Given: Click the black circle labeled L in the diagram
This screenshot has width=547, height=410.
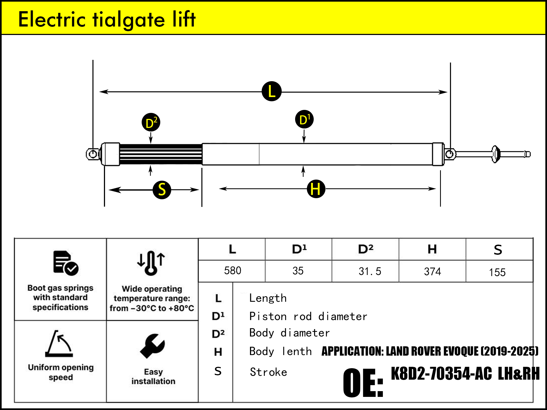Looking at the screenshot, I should [271, 91].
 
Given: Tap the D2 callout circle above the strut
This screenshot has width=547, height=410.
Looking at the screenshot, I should [151, 122].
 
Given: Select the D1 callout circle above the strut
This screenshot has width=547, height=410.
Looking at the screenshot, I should [304, 119].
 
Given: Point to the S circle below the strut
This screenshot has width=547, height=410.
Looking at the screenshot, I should [162, 190].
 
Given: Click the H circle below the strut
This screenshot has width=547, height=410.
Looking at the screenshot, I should [316, 189].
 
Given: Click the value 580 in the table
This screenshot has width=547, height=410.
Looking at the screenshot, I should [232, 271].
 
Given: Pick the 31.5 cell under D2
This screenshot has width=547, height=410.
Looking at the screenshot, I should [370, 271].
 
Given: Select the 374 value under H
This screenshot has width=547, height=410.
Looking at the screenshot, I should [432, 272].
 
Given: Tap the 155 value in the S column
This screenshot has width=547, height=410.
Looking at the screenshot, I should [497, 272].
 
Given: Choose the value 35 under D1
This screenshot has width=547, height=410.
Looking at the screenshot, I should [298, 271].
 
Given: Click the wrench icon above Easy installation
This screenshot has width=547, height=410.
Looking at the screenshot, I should [152, 346].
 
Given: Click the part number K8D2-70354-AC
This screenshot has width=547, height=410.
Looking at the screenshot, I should [441, 374].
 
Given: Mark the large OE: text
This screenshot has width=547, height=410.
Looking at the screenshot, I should [363, 383].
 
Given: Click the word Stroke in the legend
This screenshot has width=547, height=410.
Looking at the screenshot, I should [269, 372].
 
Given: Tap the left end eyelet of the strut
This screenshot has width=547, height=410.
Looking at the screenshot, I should [93, 154].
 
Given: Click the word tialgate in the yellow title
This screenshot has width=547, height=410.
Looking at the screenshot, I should [129, 20].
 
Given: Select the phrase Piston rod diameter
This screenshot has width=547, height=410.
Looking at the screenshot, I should [308, 317].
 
